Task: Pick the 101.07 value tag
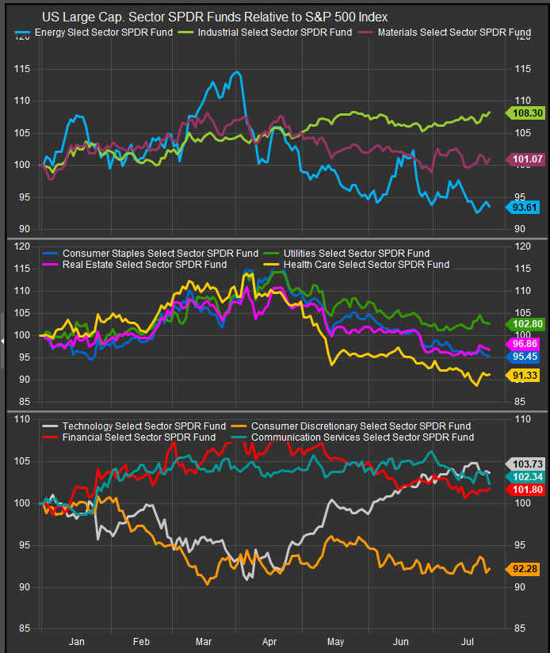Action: tap(525, 159)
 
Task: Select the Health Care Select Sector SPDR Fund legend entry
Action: tap(365, 264)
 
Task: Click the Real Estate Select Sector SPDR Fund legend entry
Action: tap(143, 264)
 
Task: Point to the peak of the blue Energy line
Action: tap(237, 72)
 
